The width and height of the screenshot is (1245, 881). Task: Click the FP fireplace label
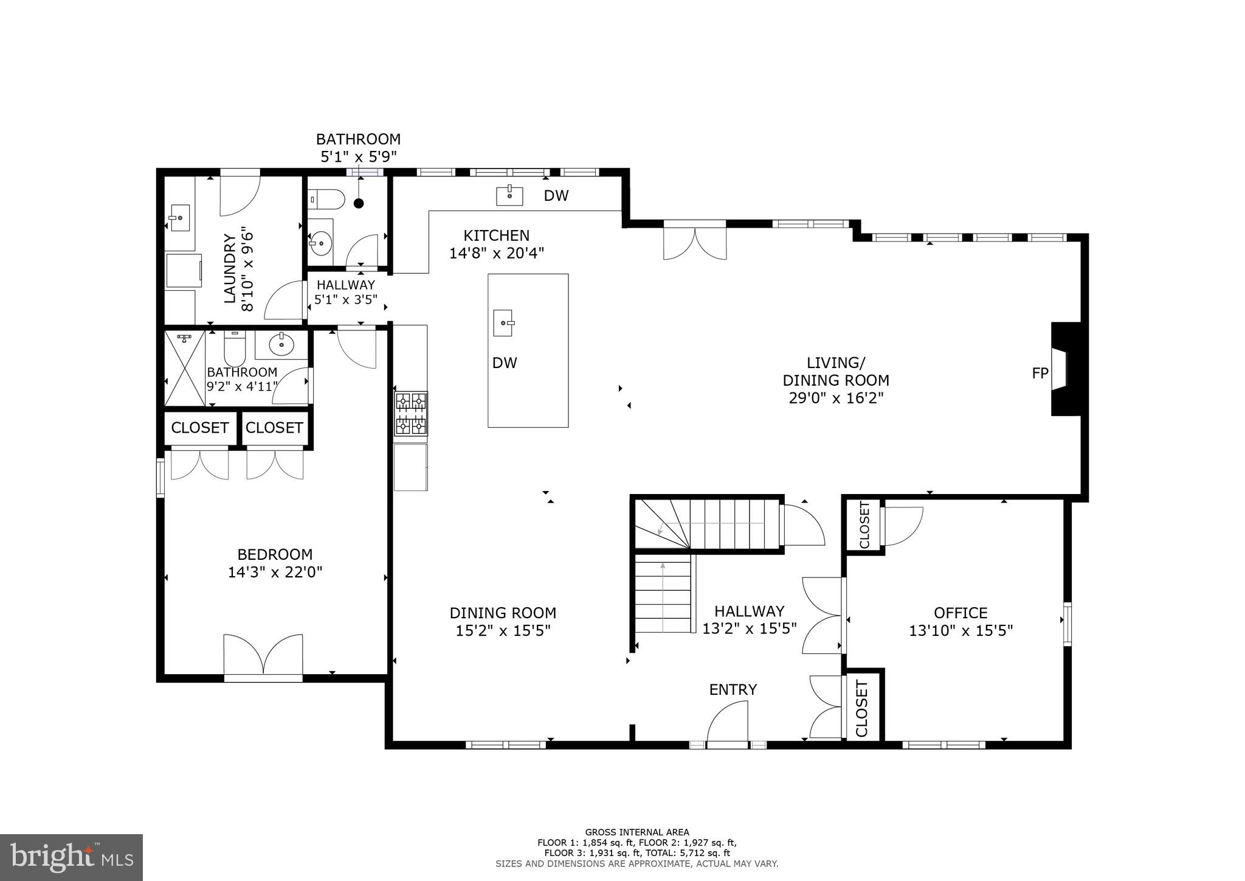pyautogui.click(x=1040, y=373)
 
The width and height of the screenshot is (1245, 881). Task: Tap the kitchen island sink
pyautogui.click(x=503, y=322)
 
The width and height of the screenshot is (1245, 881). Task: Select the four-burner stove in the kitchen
pyautogui.click(x=411, y=414)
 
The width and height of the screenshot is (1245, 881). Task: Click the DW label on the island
pyautogui.click(x=505, y=363)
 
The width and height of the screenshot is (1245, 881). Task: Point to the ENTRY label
pyautogui.click(x=733, y=689)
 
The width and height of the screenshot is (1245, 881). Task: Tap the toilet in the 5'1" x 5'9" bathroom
pyautogui.click(x=326, y=198)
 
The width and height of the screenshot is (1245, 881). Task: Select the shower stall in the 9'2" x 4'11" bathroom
pyautogui.click(x=185, y=369)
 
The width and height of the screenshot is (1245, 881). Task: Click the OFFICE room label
pyautogui.click(x=960, y=613)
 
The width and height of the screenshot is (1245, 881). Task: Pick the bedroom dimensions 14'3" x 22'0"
pyautogui.click(x=275, y=572)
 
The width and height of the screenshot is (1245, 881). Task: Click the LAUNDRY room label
pyautogui.click(x=230, y=268)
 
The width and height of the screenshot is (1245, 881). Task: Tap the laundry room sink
pyautogui.click(x=179, y=218)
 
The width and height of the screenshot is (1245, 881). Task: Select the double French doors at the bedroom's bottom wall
pyautogui.click(x=263, y=656)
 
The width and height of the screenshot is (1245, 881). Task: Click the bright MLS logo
pyautogui.click(x=71, y=857)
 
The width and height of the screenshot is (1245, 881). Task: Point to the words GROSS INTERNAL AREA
pyautogui.click(x=636, y=832)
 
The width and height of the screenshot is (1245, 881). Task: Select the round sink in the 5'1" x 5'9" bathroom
pyautogui.click(x=320, y=243)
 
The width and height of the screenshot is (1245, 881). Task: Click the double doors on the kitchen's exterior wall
pyautogui.click(x=695, y=242)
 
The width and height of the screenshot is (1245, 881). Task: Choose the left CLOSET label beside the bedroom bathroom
pyautogui.click(x=199, y=428)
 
